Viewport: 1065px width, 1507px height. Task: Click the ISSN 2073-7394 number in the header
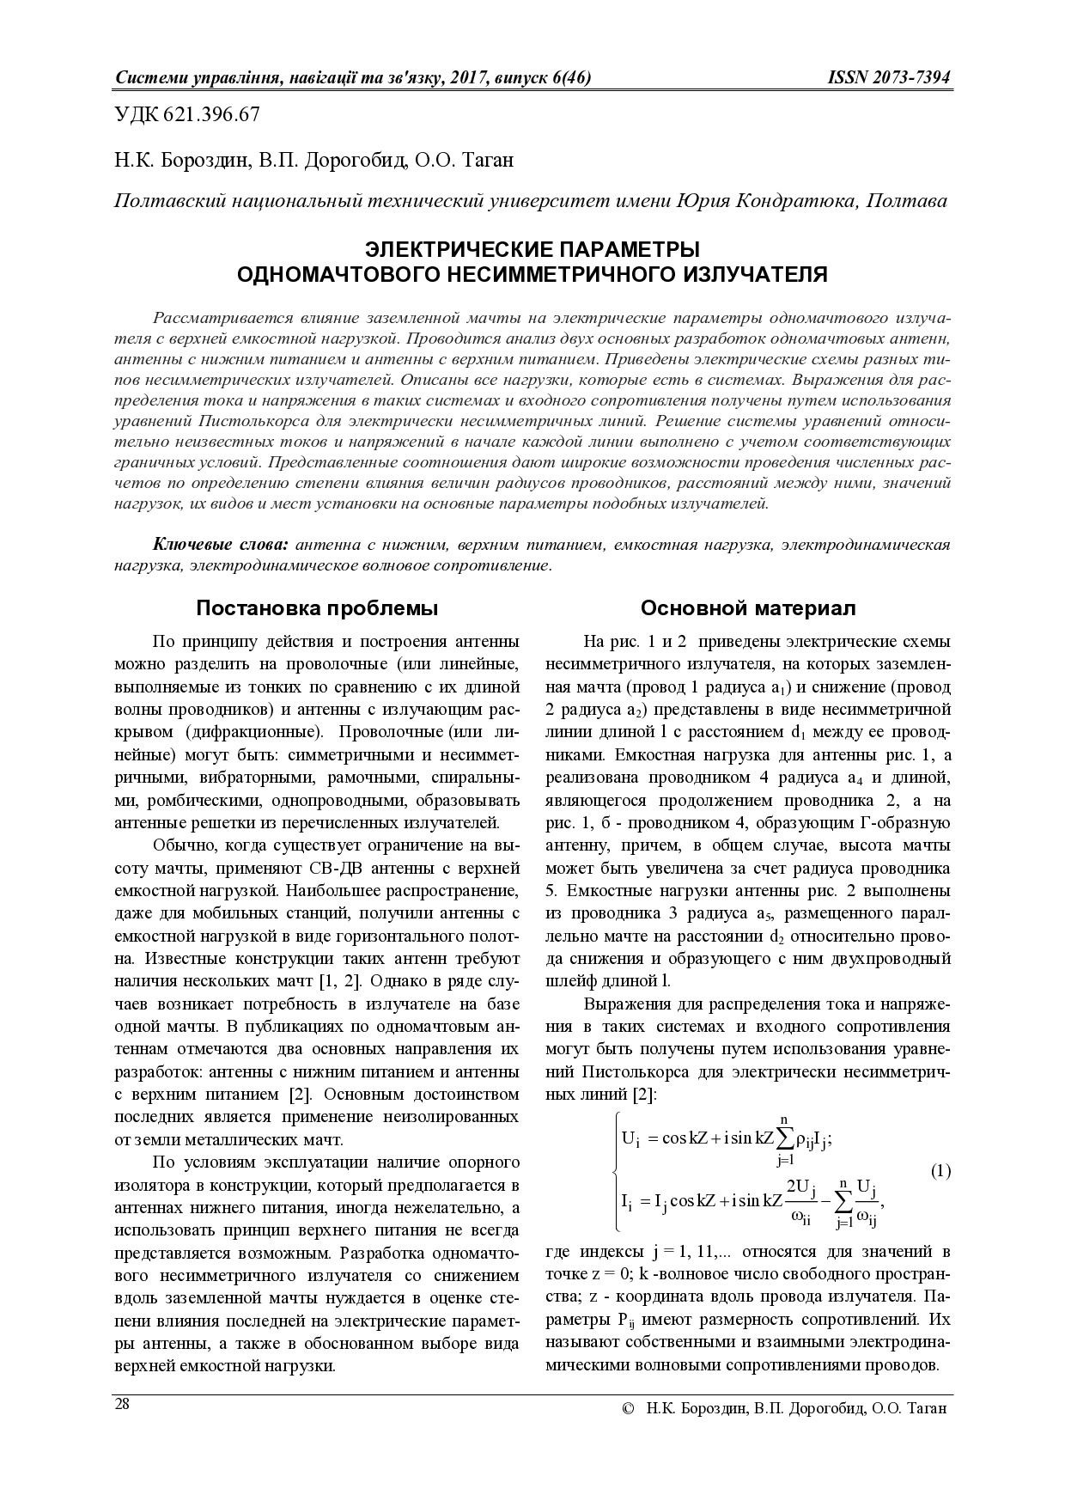coord(889,78)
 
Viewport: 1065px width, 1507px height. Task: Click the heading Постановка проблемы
coord(317,608)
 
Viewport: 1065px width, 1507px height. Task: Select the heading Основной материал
coord(747,608)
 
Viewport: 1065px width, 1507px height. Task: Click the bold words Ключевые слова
coord(221,546)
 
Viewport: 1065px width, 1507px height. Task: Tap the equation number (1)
coord(940,1170)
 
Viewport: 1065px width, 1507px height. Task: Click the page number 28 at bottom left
coord(122,1404)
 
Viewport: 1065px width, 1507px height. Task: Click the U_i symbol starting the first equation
coord(629,1139)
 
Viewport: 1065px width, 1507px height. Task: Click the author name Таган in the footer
coord(923,1409)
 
